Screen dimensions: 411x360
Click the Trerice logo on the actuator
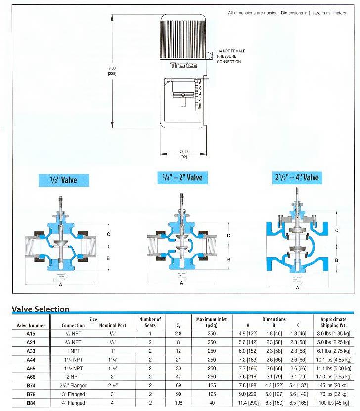click(183, 65)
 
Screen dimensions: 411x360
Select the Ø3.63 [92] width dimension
click(183, 154)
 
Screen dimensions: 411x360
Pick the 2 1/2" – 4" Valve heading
click(296, 177)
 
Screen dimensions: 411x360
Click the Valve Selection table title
click(40, 309)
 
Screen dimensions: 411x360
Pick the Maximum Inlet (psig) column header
click(212, 322)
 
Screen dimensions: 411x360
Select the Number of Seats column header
click(150, 322)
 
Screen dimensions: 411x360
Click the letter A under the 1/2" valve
click(60, 284)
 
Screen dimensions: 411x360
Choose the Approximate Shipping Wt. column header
click(332, 322)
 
